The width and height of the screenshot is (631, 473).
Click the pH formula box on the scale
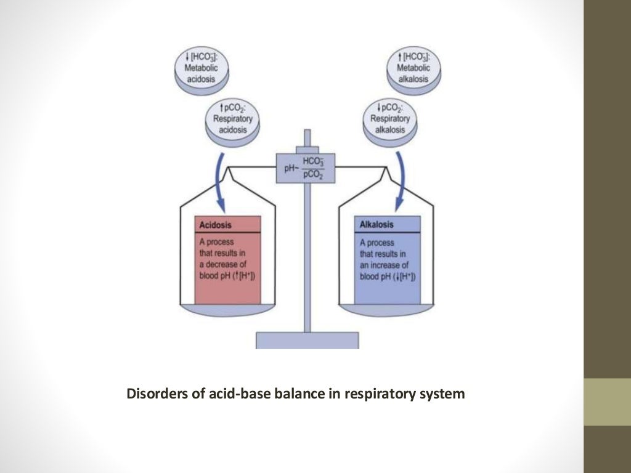[x=306, y=167]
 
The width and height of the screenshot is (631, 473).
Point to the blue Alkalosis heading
[x=377, y=225]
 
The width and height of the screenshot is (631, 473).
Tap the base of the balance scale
[x=307, y=340]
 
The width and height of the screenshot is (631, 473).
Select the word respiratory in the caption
[x=383, y=393]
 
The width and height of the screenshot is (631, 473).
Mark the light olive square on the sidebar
[x=607, y=402]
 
